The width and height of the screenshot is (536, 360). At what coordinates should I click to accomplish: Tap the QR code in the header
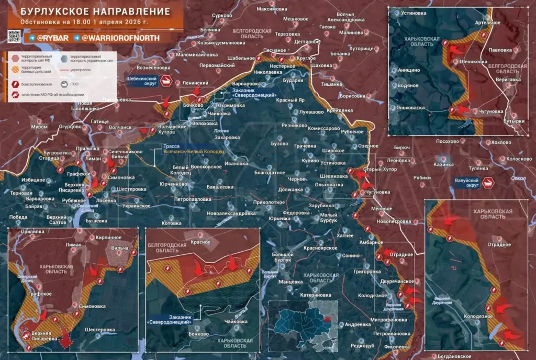pos(14,37)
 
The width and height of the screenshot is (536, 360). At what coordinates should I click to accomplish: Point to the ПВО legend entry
pos(74,84)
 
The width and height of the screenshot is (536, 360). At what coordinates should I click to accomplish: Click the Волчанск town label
pos(120,127)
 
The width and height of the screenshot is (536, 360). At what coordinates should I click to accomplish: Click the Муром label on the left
pos(39,127)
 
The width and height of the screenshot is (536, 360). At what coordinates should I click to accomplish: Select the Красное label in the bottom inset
pos(200,242)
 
